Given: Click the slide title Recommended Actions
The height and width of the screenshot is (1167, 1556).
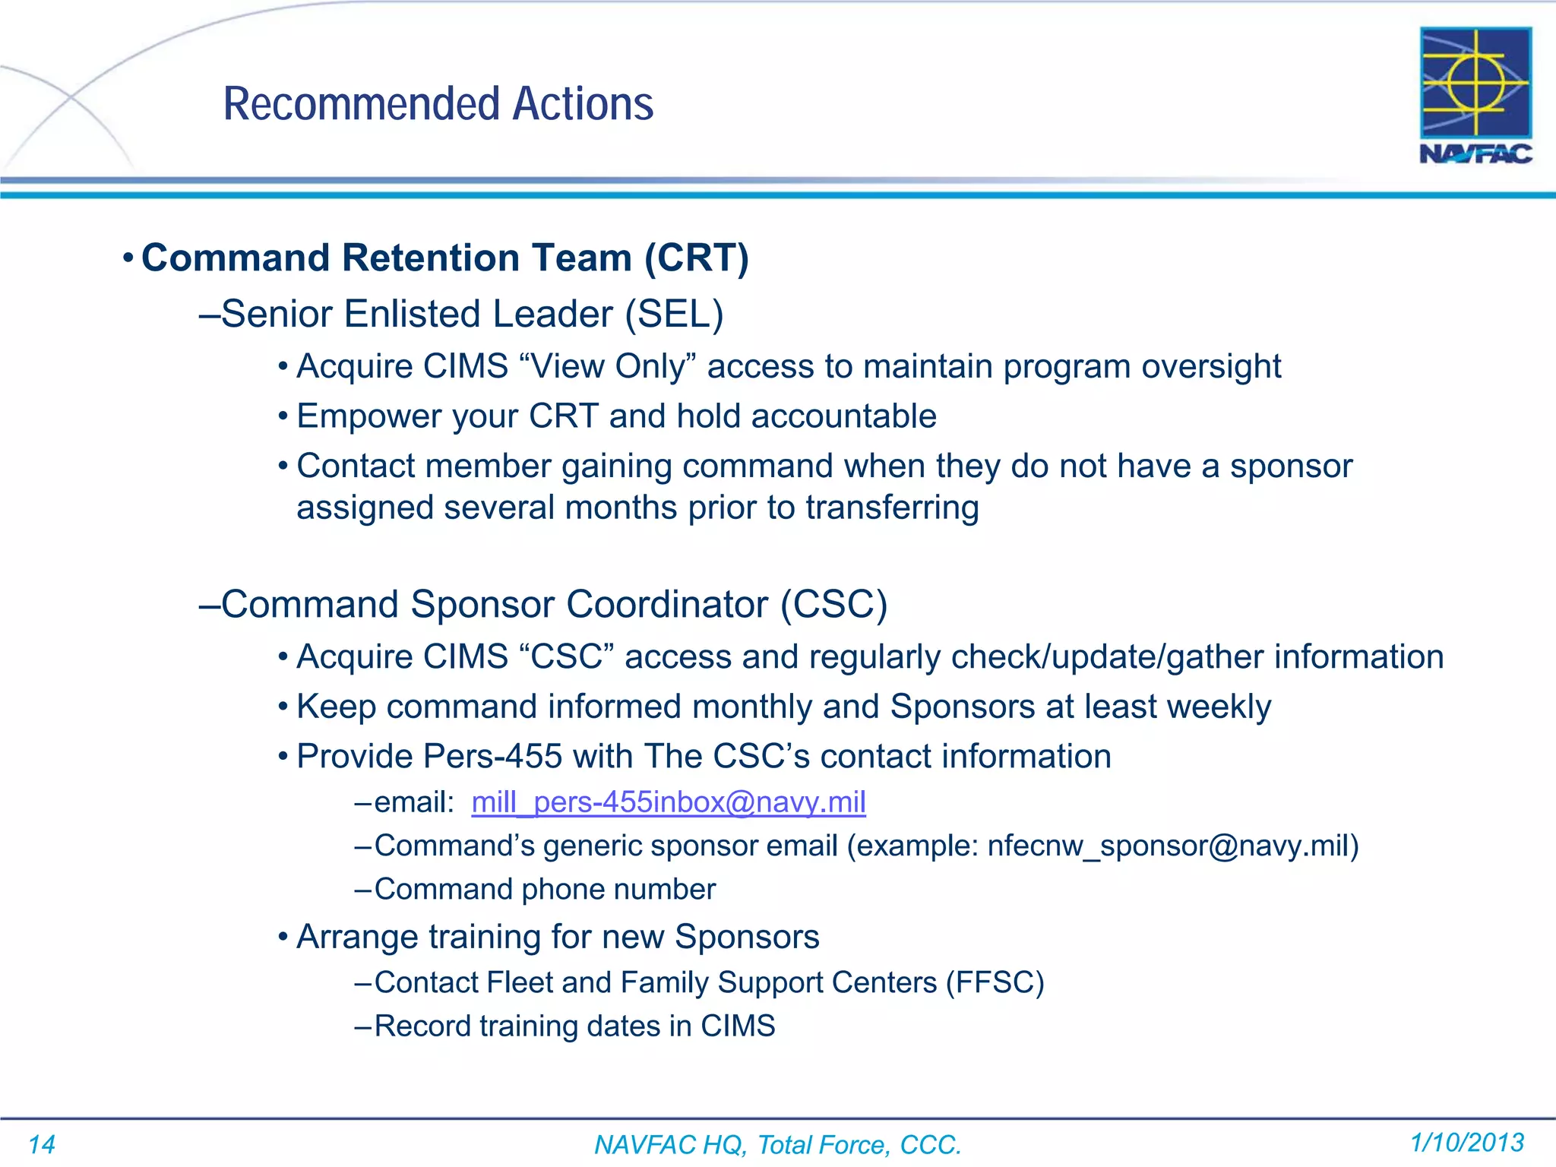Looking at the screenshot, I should click(x=438, y=104).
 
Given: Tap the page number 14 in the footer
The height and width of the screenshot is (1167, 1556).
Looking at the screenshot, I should click(x=42, y=1144).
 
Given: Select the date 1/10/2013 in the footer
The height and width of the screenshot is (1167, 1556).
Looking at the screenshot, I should click(x=1466, y=1142).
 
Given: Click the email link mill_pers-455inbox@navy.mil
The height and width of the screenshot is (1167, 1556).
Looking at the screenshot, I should click(x=668, y=802).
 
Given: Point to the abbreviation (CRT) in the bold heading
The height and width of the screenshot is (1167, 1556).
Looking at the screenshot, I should click(x=696, y=258).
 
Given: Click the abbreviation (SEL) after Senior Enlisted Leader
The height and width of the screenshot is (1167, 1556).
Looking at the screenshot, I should click(x=673, y=314).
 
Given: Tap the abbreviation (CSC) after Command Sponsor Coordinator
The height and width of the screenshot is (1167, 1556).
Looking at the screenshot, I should click(x=833, y=605).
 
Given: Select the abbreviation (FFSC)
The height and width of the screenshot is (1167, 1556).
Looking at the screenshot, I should click(x=995, y=982).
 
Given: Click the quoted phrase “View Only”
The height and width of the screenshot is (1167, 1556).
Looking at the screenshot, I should click(x=608, y=366).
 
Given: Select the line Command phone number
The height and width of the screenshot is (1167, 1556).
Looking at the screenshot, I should click(x=544, y=890).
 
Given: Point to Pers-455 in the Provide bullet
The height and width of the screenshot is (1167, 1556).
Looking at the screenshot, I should click(x=492, y=757).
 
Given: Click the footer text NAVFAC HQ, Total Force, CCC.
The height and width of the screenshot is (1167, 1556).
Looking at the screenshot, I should click(x=777, y=1144).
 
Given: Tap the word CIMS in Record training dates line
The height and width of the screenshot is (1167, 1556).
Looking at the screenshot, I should click(x=737, y=1026).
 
